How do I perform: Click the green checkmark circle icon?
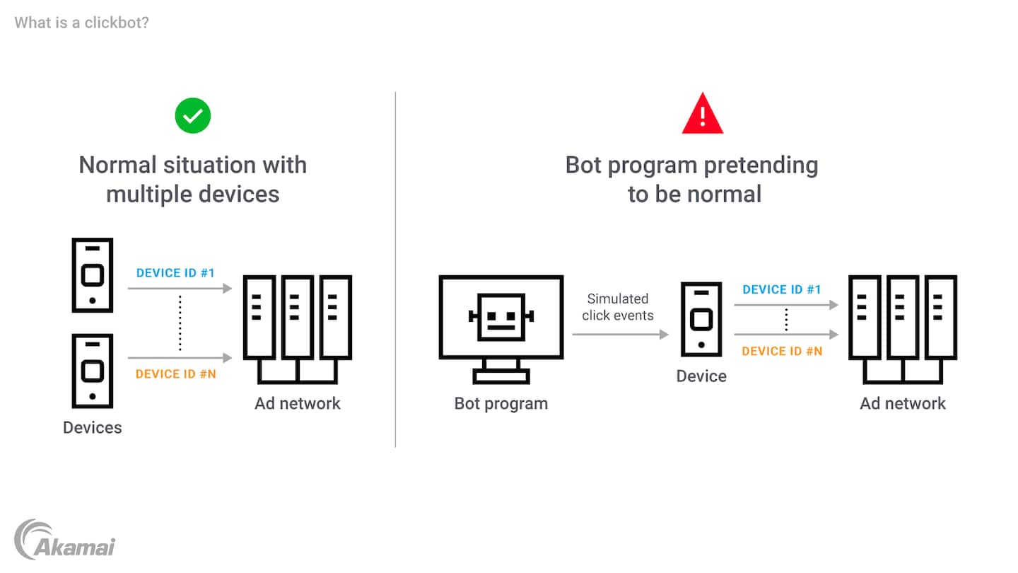pyautogui.click(x=193, y=115)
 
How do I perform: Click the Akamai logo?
pyautogui.click(x=64, y=540)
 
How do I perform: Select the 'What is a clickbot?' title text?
pyautogui.click(x=81, y=23)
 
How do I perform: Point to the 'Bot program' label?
pyautogui.click(x=501, y=403)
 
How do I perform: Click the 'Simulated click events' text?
pyautogui.click(x=618, y=307)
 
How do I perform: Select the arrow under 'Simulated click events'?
pyautogui.click(x=620, y=334)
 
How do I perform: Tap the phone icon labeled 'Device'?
pyautogui.click(x=701, y=318)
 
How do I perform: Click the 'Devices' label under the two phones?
pyautogui.click(x=93, y=427)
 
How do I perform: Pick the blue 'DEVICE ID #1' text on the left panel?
pyautogui.click(x=175, y=273)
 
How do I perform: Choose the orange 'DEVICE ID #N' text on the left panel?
pyautogui.click(x=176, y=374)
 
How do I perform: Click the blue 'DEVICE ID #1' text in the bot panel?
pyautogui.click(x=782, y=289)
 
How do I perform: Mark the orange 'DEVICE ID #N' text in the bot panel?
pyautogui.click(x=782, y=351)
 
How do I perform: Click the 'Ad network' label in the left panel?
pyautogui.click(x=298, y=403)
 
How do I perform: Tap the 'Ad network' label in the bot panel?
pyautogui.click(x=903, y=403)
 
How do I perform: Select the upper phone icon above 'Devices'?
pyautogui.click(x=93, y=275)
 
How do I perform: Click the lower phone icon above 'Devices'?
pyautogui.click(x=93, y=371)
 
